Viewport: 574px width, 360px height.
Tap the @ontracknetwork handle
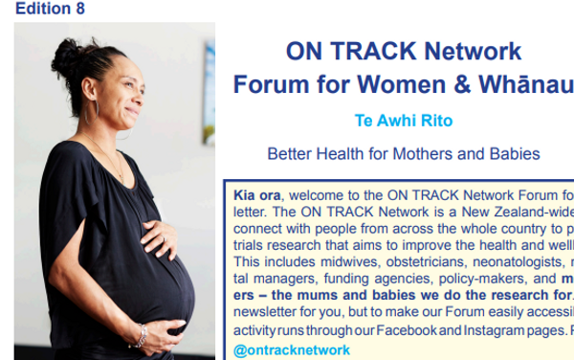(x=292, y=350)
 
